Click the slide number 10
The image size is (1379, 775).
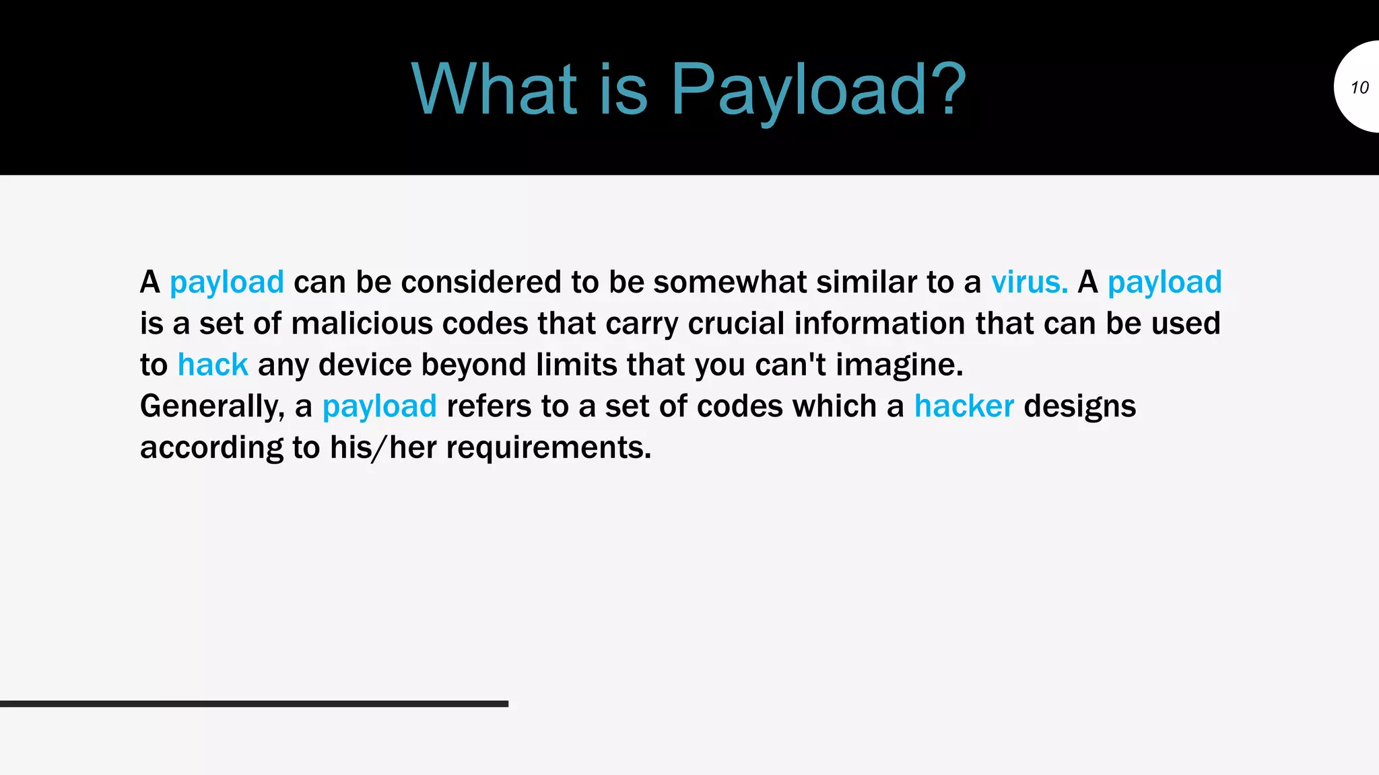(1359, 87)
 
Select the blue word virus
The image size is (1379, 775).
(1029, 282)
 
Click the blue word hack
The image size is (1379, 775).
(213, 365)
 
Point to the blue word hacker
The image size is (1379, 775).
(964, 406)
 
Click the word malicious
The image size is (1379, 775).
(362, 324)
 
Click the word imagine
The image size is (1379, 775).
(900, 365)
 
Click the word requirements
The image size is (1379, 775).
(549, 448)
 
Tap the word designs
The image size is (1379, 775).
(1079, 406)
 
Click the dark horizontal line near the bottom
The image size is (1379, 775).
(254, 704)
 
